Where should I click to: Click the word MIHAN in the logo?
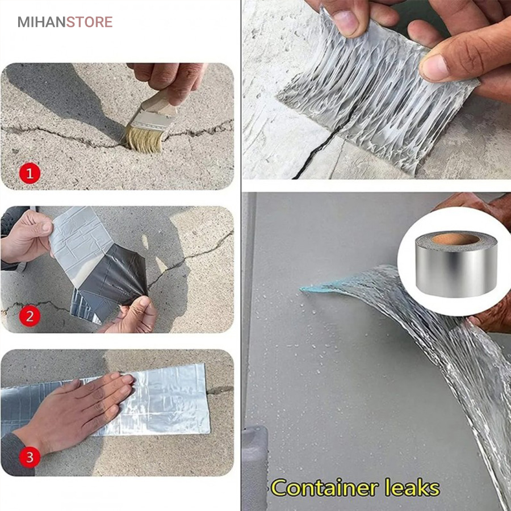pyautogui.click(x=41, y=22)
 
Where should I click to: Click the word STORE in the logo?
pyautogui.click(x=90, y=22)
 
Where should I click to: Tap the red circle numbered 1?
pyautogui.click(x=30, y=173)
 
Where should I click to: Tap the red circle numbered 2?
pyautogui.click(x=30, y=316)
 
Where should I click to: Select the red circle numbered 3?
pyautogui.click(x=30, y=457)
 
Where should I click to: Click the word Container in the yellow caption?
pyautogui.click(x=324, y=488)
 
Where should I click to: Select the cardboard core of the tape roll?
pyautogui.click(x=455, y=239)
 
